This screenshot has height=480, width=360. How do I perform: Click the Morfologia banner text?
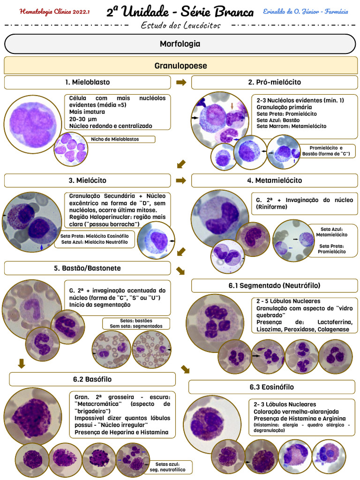(180, 44)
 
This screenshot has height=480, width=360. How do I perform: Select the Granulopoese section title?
(180, 66)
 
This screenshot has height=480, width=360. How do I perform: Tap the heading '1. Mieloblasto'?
(87, 82)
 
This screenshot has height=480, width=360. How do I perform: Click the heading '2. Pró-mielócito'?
(274, 82)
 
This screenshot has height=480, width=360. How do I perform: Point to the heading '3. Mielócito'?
(87, 180)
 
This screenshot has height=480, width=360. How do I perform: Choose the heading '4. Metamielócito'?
(274, 180)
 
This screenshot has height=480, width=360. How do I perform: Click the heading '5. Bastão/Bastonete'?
(87, 268)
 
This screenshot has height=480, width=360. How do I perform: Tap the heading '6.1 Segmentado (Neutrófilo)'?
(274, 285)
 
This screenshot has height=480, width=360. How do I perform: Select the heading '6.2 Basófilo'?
(92, 379)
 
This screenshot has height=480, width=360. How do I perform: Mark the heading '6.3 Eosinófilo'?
(271, 387)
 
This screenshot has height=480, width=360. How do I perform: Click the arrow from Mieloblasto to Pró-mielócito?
(181, 82)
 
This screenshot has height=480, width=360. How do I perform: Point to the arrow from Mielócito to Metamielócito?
(181, 180)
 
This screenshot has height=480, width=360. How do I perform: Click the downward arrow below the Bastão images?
(22, 364)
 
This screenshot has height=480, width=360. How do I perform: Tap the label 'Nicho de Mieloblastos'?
(115, 139)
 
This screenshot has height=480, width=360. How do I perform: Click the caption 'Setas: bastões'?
(136, 321)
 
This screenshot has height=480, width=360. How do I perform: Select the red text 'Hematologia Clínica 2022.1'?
(54, 12)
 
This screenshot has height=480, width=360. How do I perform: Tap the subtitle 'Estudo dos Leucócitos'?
(180, 25)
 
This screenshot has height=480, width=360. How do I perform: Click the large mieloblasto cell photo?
(30, 121)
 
